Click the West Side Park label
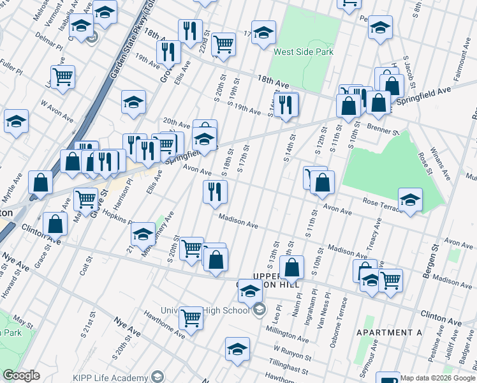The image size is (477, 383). (300, 52)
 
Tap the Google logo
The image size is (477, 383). (21, 375)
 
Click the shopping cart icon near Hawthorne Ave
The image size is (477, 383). (191, 317)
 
